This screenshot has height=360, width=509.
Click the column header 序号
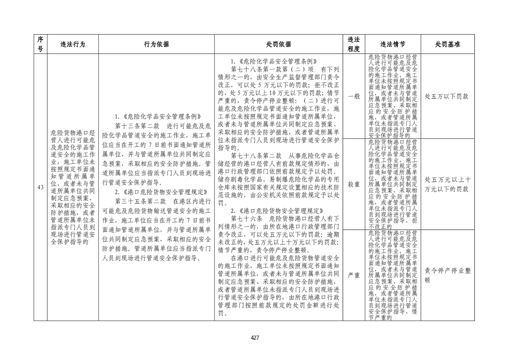pyautogui.click(x=40, y=44)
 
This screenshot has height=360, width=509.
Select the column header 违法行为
pyautogui.click(x=73, y=44)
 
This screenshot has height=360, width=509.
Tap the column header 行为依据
pyautogui.click(x=156, y=44)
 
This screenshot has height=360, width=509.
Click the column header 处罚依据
pyautogui.click(x=279, y=44)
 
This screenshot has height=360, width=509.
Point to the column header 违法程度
pyautogui.click(x=353, y=44)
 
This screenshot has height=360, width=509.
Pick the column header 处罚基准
pyautogui.click(x=447, y=44)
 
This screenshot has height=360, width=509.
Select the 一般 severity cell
pyautogui.click(x=353, y=96)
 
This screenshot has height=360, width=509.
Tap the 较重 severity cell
pyautogui.click(x=353, y=184)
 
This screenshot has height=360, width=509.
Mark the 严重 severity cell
pyautogui.click(x=353, y=275)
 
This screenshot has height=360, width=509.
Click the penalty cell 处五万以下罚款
pyautogui.click(x=447, y=97)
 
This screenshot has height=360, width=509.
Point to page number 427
pyautogui.click(x=254, y=337)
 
